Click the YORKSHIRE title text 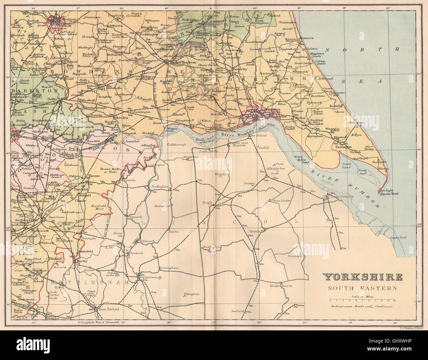click(x=362, y=277)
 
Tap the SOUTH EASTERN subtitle click(x=362, y=288)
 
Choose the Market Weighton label click(x=184, y=62)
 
